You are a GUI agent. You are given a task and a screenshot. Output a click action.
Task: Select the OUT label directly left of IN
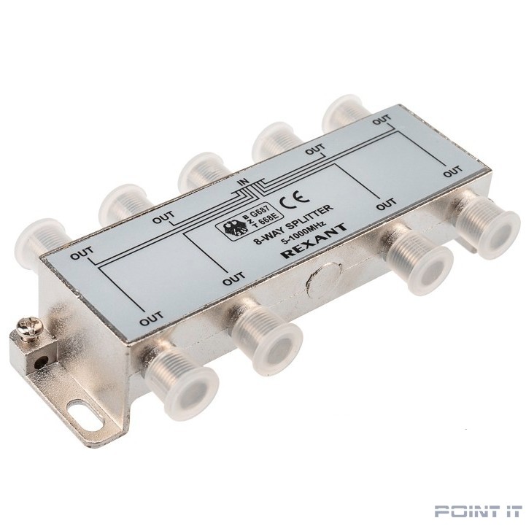click(163, 217)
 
